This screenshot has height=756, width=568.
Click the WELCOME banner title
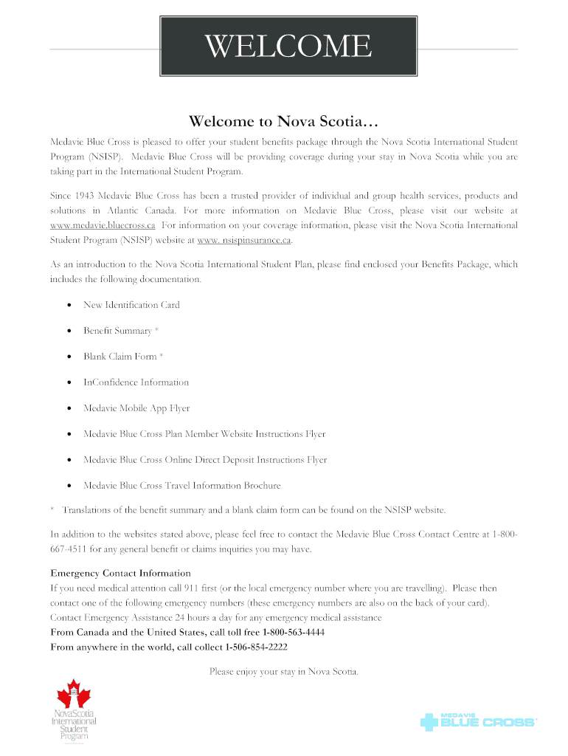(288, 48)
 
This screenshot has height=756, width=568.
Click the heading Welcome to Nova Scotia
(283, 120)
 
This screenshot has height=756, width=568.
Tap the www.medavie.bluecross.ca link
(103, 224)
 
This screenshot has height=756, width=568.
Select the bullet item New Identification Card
(131, 305)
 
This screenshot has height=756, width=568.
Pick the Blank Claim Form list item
(122, 357)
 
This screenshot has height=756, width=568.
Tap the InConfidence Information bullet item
(136, 382)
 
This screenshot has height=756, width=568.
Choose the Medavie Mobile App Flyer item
(136, 408)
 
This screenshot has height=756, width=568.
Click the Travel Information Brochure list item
(181, 486)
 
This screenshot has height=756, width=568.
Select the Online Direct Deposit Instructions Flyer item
(204, 460)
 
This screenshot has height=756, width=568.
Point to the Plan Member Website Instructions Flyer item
(204, 434)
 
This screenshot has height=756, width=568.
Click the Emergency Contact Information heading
(120, 573)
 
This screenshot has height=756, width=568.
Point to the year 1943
(87, 196)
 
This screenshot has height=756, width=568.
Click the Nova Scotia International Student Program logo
(73, 712)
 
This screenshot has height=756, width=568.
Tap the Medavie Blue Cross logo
(477, 721)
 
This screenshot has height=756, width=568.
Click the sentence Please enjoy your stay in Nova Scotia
(283, 672)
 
